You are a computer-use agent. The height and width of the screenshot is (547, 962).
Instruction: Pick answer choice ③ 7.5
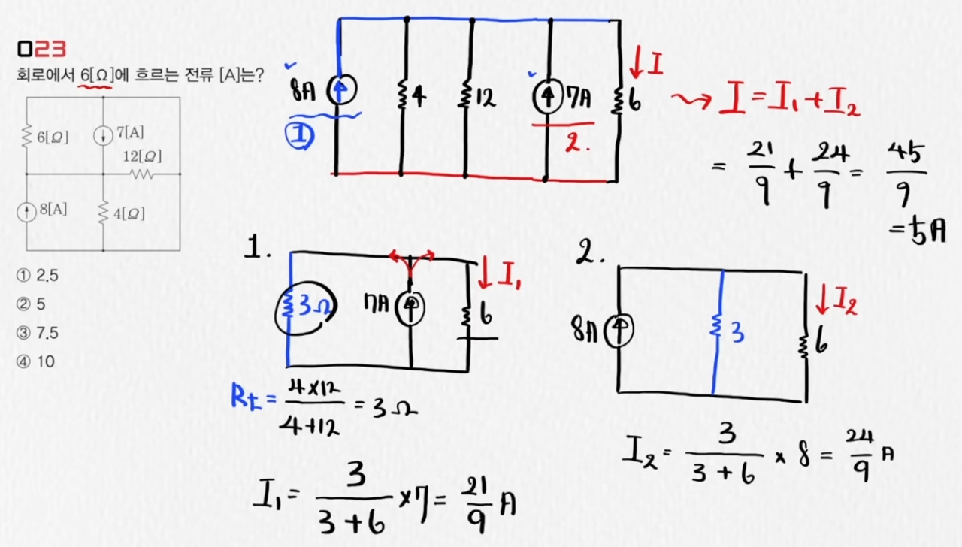pyautogui.click(x=37, y=333)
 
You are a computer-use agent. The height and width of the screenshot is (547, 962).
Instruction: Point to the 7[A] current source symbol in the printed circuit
pyautogui.click(x=103, y=136)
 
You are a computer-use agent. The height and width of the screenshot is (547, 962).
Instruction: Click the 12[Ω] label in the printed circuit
pyautogui.click(x=143, y=157)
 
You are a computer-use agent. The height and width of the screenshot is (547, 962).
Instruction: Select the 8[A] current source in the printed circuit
pyautogui.click(x=27, y=210)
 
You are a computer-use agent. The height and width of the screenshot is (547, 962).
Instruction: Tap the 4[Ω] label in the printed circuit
pyautogui.click(x=128, y=213)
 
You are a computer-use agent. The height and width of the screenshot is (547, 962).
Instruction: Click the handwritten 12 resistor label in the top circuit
pyautogui.click(x=486, y=97)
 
